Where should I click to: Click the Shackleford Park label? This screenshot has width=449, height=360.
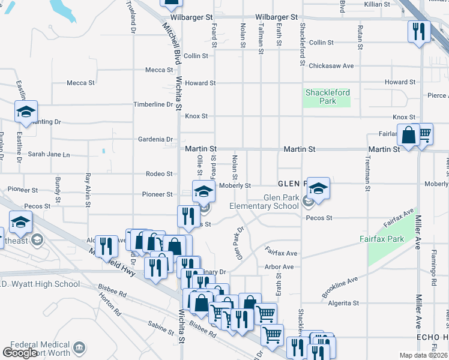(327, 97)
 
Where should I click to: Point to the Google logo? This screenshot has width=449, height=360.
(20, 352)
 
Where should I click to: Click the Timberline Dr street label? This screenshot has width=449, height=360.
(154, 104)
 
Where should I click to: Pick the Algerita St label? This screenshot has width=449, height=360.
(343, 304)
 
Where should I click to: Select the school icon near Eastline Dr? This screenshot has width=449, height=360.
(26, 111)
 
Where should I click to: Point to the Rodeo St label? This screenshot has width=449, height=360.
(159, 174)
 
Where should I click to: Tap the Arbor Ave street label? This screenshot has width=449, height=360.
(279, 267)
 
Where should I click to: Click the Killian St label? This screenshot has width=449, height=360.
(377, 4)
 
